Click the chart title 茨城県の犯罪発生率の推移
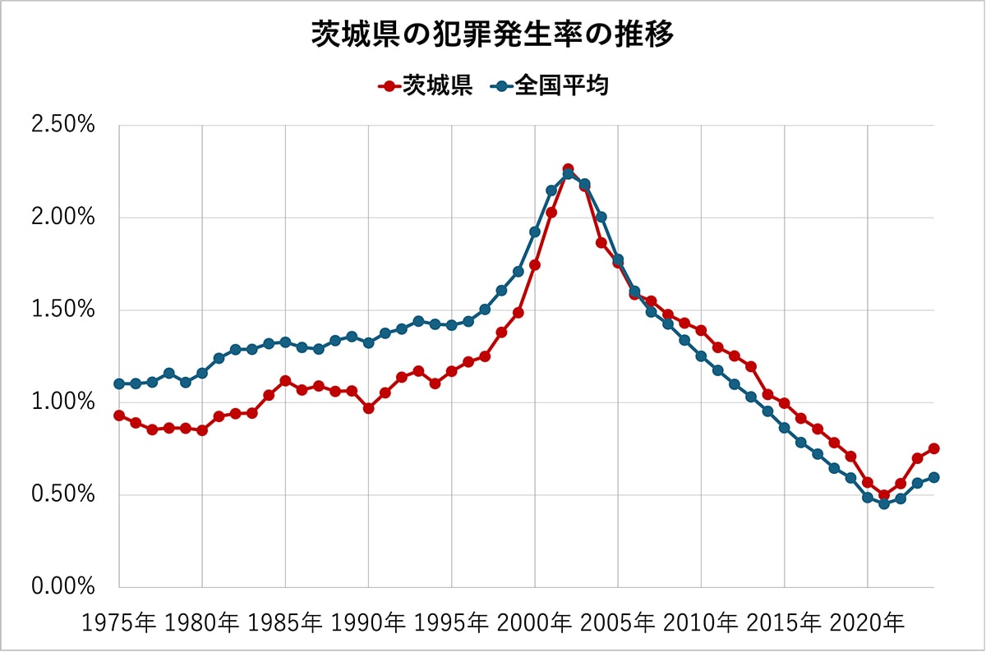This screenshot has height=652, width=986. (x=493, y=35)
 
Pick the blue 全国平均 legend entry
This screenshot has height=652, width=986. (x=550, y=85)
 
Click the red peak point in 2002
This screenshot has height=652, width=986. (x=568, y=169)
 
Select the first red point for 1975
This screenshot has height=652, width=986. (x=119, y=416)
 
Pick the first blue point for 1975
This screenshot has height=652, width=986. (x=119, y=383)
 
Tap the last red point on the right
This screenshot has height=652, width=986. (x=934, y=448)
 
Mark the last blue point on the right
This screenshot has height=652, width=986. (x=934, y=477)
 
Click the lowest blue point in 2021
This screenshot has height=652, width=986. (x=884, y=503)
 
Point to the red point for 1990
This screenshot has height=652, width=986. (x=368, y=408)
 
